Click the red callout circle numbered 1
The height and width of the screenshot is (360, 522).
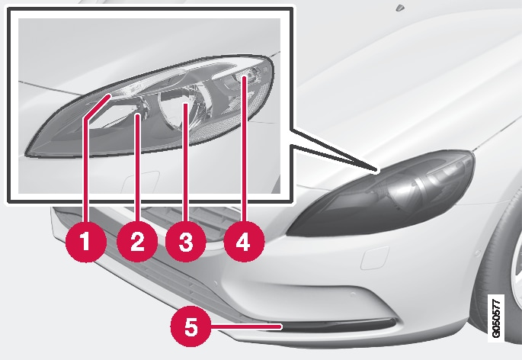point(84,243)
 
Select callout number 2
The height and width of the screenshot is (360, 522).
point(137,243)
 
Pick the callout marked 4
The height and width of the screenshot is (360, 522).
point(243,243)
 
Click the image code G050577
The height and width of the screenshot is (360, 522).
point(497,317)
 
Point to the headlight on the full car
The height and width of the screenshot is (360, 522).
point(381,195)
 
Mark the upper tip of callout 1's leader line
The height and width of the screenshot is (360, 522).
point(110,94)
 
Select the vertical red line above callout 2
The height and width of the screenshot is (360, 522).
point(137,168)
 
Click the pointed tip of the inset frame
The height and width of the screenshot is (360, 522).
point(376,167)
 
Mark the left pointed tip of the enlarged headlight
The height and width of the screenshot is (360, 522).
point(27,152)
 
